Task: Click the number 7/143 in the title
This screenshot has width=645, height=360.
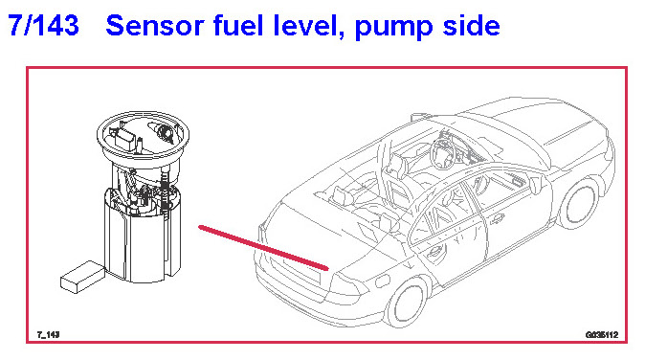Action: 43,26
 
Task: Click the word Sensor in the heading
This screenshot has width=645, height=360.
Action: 155,26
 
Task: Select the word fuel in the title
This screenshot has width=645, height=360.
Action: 238,26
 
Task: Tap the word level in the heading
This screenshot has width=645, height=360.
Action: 308,26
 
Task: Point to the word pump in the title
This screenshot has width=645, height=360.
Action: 393,28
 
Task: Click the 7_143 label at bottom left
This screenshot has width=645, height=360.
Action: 49,334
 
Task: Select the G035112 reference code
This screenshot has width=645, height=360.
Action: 602,335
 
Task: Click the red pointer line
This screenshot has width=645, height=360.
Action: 263,248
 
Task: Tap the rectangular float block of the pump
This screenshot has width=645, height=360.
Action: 83,277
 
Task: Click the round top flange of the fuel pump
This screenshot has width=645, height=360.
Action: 143,136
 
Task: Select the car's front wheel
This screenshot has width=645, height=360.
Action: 579,205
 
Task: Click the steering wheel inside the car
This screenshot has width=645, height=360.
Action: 442,153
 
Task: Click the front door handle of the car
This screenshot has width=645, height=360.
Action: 497,218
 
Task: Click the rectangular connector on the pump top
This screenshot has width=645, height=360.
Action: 126,139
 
